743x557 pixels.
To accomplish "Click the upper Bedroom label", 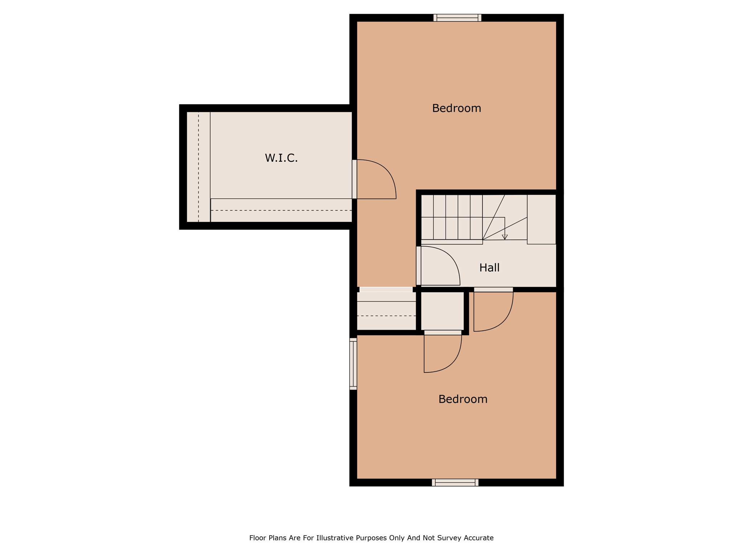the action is point(456,108).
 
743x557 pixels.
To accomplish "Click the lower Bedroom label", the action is point(463,399).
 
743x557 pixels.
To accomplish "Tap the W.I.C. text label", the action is point(281,158).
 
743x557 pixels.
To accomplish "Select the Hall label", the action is point(489,268).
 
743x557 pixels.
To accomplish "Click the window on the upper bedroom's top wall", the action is point(457,18).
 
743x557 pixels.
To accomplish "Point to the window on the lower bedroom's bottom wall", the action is point(455,482).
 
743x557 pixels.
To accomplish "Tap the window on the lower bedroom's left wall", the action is point(353,364).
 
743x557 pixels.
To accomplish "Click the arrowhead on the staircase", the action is point(505,237).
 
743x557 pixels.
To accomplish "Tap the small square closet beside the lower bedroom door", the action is point(442,311).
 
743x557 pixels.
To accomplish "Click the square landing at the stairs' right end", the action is point(541,219).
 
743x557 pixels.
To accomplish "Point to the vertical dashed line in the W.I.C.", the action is point(198,167).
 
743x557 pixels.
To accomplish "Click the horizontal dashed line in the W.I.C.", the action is point(281,210).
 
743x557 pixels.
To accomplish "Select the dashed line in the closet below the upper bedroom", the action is point(386,316).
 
